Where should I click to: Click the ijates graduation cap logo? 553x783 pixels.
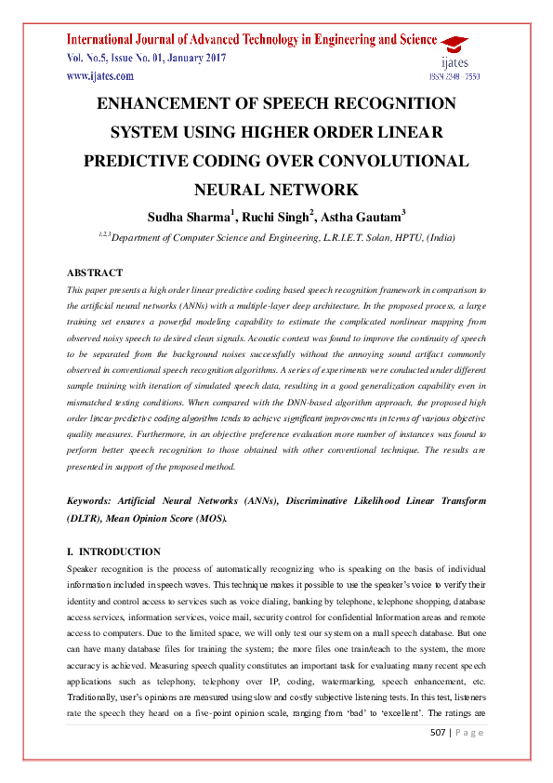coord(454,43)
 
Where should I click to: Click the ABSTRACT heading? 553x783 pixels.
coord(95,272)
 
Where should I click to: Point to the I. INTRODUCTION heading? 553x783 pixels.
coord(113,551)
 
